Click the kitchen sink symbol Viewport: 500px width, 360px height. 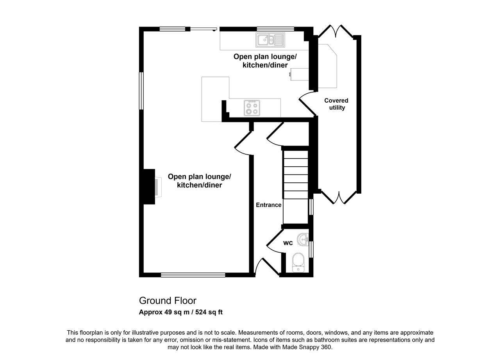(x=270, y=40)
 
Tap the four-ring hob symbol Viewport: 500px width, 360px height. (x=252, y=108)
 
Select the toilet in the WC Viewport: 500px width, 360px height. (x=298, y=262)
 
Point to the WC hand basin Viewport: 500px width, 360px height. (x=303, y=240)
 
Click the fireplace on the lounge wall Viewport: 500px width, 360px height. (x=158, y=187)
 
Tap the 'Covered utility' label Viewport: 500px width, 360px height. (x=336, y=104)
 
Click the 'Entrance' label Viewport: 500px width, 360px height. (x=268, y=205)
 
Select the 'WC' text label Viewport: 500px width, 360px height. (x=288, y=243)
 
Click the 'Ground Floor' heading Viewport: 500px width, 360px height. (x=168, y=301)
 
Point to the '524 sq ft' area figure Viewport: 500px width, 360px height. (x=209, y=312)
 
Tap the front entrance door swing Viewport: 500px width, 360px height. (x=267, y=267)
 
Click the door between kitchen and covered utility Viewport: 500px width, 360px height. (x=307, y=104)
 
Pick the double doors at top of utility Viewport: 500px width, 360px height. (x=336, y=31)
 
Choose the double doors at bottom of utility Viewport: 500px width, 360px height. (x=339, y=198)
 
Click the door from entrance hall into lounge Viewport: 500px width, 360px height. (x=243, y=143)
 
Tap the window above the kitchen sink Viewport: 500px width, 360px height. (x=275, y=29)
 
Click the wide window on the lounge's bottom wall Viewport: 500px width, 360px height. (x=193, y=275)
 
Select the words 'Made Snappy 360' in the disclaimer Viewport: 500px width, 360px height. (x=307, y=347)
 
